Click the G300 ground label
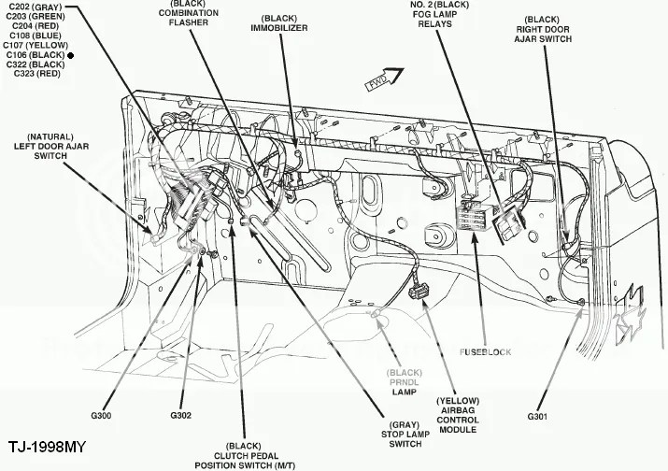(101, 416)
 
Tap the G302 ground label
(181, 415)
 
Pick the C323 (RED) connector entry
(30, 75)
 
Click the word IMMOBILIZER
(279, 28)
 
